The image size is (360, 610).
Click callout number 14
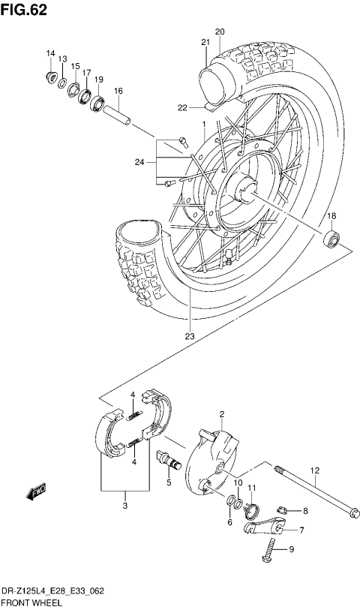point(51,53)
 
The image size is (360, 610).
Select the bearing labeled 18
point(329,240)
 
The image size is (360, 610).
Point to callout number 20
point(220,32)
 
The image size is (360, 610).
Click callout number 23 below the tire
point(190,335)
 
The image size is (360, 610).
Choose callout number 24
point(139,161)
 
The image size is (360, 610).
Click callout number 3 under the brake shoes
point(124,506)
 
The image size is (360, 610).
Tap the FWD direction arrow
point(35,493)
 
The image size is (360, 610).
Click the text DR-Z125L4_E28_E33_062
point(52,591)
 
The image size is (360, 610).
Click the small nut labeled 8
point(282,510)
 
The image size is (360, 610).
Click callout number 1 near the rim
point(202,124)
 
